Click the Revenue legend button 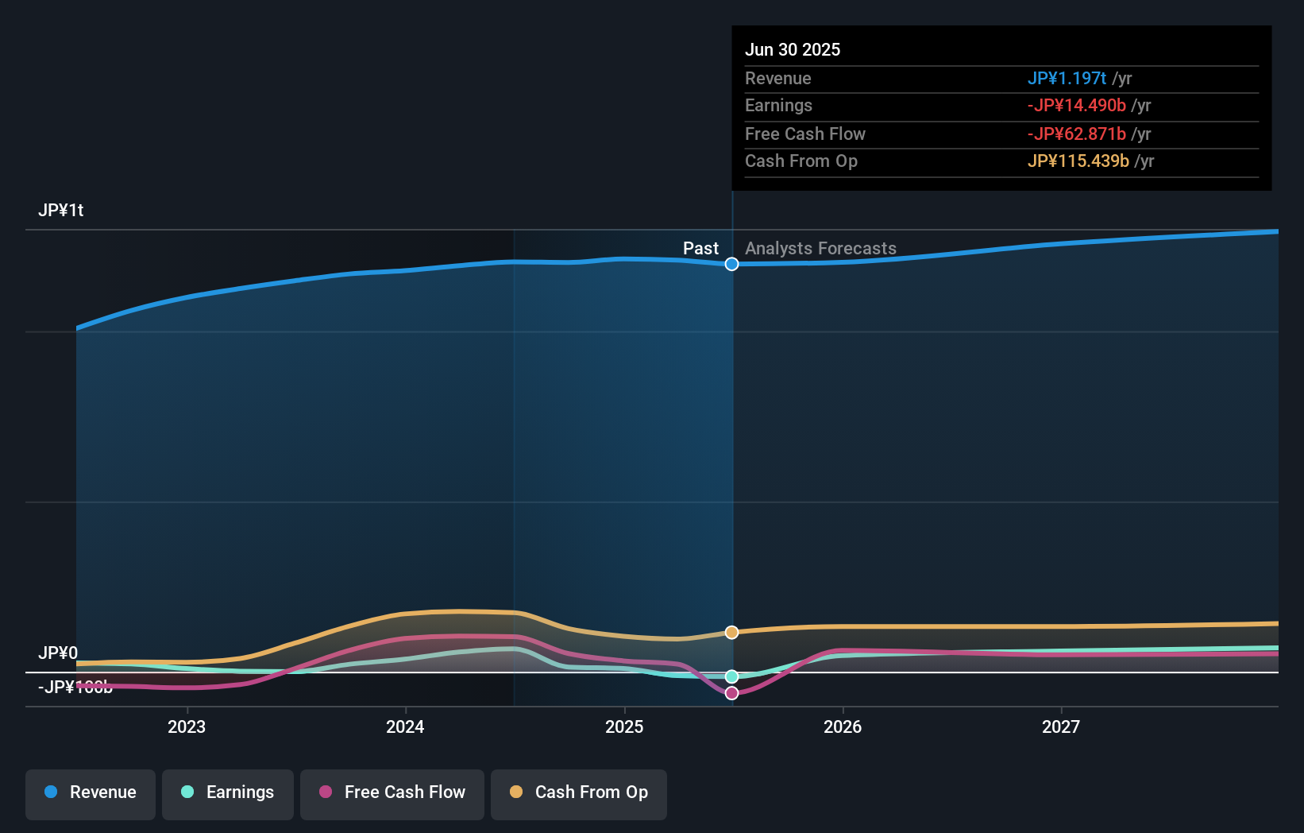pyautogui.click(x=91, y=792)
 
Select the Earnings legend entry pyautogui.click(x=228, y=792)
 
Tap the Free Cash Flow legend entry pyautogui.click(x=392, y=792)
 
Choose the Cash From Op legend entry pyautogui.click(x=579, y=792)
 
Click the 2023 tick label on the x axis pyautogui.click(x=187, y=726)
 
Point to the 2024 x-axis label pyautogui.click(x=405, y=726)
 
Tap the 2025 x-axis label pyautogui.click(x=624, y=726)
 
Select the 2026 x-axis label pyautogui.click(x=843, y=726)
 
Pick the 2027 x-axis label pyautogui.click(x=1061, y=726)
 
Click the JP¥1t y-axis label pyautogui.click(x=61, y=211)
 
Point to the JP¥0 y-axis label pyautogui.click(x=58, y=653)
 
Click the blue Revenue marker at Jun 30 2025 pyautogui.click(x=732, y=264)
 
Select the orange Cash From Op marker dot pyautogui.click(x=732, y=633)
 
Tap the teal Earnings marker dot pyautogui.click(x=732, y=676)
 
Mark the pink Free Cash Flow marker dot pyautogui.click(x=732, y=693)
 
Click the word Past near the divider pyautogui.click(x=700, y=249)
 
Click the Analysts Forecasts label pyautogui.click(x=820, y=249)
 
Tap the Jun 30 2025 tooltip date pyautogui.click(x=793, y=50)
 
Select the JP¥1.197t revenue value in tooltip pyautogui.click(x=1067, y=79)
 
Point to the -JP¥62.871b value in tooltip pyautogui.click(x=1076, y=134)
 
